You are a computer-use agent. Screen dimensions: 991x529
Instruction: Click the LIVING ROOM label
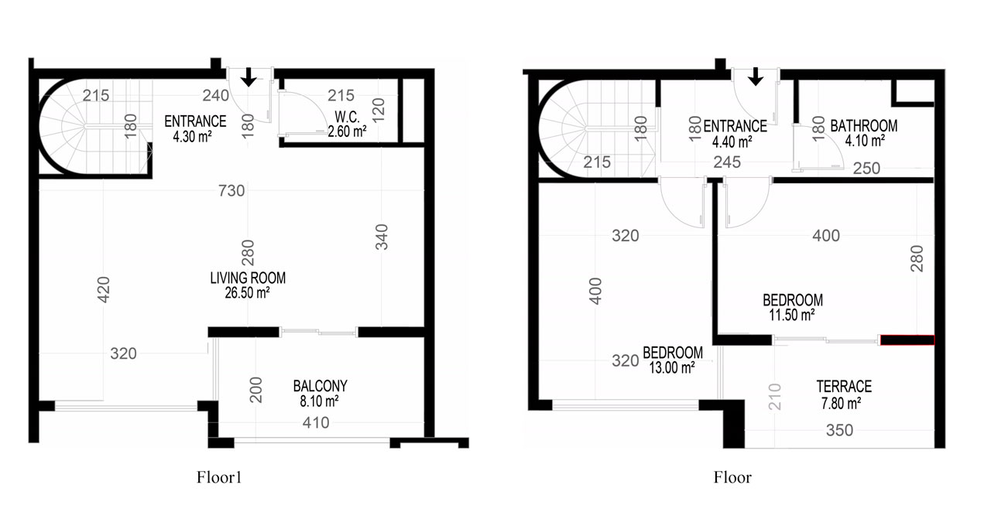point(248,278)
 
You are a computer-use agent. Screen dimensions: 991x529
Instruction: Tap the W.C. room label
point(348,117)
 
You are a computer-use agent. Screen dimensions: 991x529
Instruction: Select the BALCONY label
point(321,386)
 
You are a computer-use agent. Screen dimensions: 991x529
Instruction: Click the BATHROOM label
point(863,126)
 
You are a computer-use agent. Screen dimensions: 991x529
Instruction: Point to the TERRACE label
point(844,387)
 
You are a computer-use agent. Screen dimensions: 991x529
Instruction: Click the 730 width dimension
point(231,191)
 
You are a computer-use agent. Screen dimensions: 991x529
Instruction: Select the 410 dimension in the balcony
point(316,423)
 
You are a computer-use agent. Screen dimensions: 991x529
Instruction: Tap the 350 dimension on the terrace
point(840,431)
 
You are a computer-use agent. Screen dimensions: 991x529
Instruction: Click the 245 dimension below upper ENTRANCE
point(727,162)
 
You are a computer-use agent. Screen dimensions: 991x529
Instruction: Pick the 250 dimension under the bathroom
point(866,169)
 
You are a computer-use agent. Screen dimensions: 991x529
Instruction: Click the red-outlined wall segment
point(907,340)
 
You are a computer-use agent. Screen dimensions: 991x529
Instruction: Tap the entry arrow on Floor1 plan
point(249,77)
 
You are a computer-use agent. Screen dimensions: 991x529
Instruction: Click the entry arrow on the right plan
point(756,77)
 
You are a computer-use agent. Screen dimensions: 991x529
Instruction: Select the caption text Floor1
point(219,477)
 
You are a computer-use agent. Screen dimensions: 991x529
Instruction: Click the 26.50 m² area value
point(247,292)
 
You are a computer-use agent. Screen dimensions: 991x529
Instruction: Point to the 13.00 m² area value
point(671,367)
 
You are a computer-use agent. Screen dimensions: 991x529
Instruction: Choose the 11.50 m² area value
point(792,315)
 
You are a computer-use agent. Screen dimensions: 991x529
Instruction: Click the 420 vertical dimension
point(103,290)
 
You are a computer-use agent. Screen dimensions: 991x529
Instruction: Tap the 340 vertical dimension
point(382,237)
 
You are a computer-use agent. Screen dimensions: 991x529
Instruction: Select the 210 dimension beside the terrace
point(775,397)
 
